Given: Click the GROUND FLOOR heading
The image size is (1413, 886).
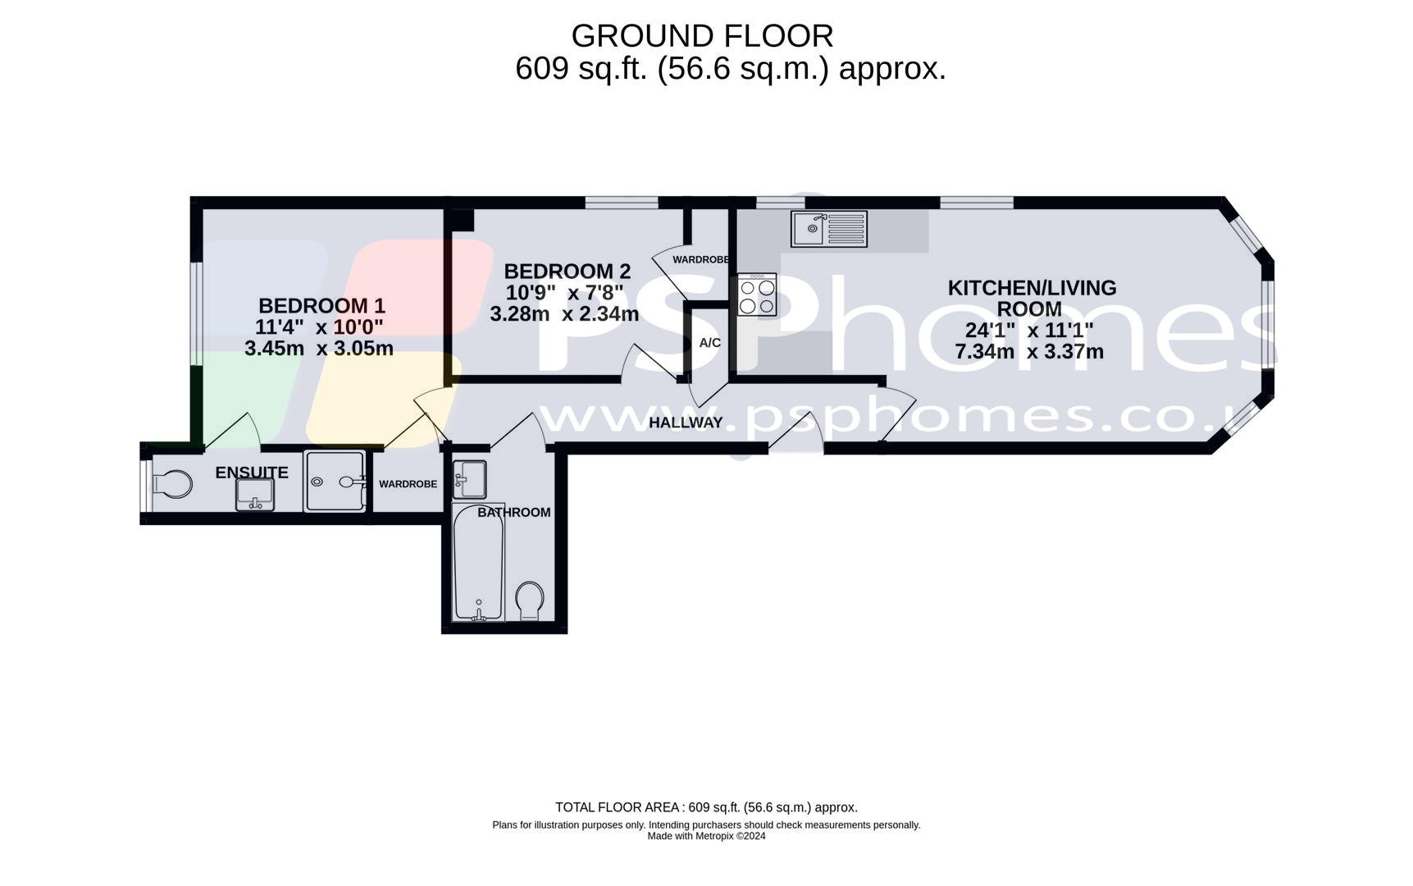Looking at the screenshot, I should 702,36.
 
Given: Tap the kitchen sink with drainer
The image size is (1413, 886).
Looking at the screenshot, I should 828,229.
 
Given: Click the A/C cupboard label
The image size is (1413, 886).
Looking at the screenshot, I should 710,343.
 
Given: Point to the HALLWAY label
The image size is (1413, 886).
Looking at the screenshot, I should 686,422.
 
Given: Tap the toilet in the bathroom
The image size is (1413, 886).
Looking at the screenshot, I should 531,601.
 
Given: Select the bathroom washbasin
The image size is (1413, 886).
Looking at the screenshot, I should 470,479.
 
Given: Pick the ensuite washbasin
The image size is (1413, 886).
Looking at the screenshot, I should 255,494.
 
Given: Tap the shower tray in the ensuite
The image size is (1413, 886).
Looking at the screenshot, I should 335,482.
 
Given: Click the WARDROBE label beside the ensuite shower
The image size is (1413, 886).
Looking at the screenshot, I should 408,484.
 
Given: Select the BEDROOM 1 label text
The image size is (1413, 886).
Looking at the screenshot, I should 321,306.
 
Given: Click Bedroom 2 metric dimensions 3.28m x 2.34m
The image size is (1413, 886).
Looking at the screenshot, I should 564,313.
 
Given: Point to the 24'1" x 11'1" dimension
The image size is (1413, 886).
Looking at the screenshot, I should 1029,331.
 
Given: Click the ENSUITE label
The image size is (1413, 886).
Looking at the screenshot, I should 252,473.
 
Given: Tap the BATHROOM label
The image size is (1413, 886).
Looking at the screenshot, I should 514,513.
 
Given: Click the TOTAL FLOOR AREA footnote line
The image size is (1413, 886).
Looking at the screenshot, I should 706,807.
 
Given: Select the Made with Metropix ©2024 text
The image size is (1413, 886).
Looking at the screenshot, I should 706,836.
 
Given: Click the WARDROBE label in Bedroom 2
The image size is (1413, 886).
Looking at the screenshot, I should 700,260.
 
